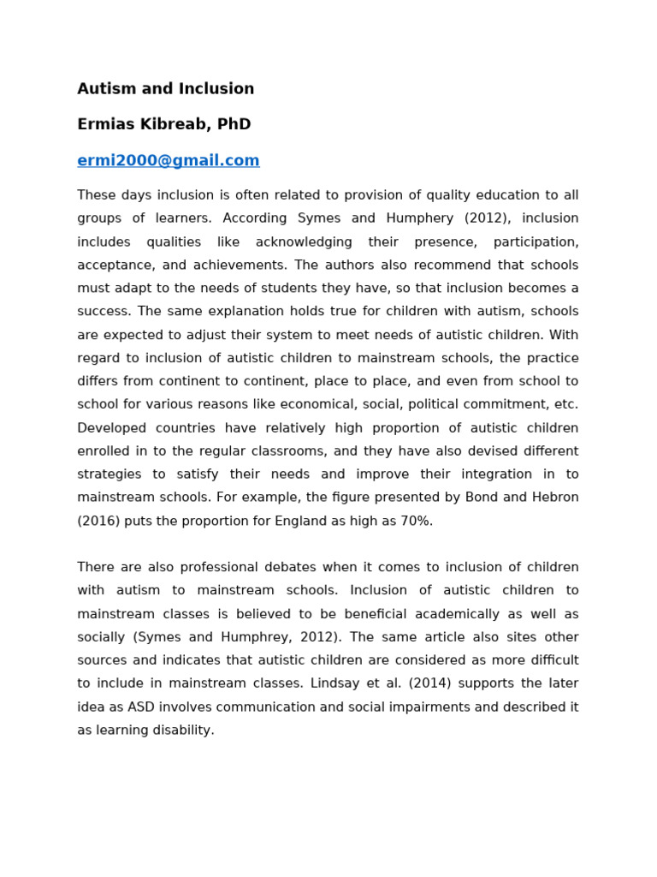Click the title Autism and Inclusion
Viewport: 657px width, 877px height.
(x=165, y=89)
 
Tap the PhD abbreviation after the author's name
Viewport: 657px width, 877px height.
(x=234, y=125)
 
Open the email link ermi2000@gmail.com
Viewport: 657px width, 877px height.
(x=168, y=161)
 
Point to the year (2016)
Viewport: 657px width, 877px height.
(x=98, y=522)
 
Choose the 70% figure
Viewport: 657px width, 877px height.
(x=414, y=522)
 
